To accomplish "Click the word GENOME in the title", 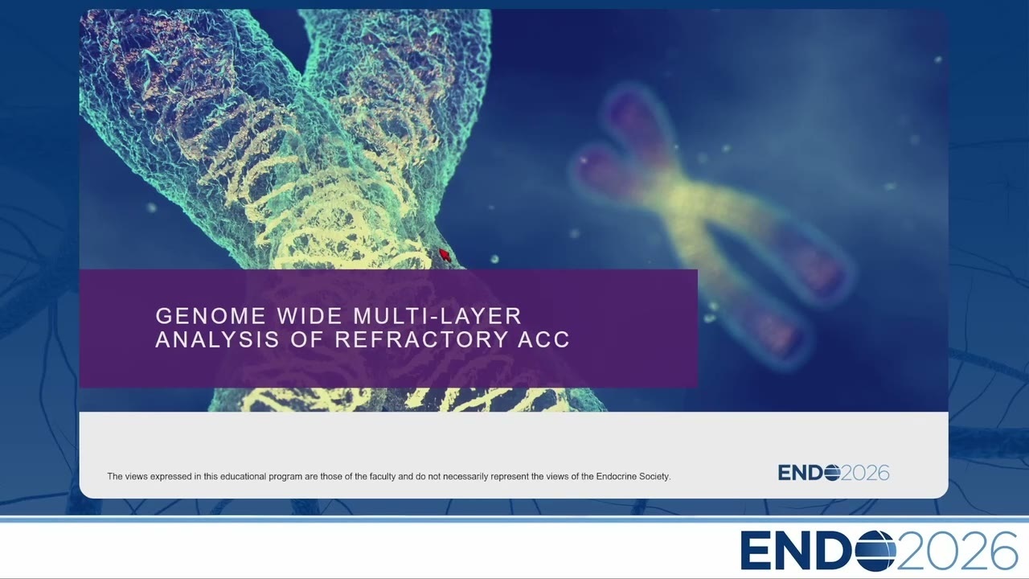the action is click(x=211, y=316).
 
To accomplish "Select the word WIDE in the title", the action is click(x=310, y=316).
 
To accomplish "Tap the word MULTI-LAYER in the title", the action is click(x=438, y=316).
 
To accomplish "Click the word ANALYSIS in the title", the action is click(x=217, y=339).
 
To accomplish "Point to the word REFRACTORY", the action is click(x=420, y=339).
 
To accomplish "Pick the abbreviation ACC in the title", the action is click(x=544, y=339).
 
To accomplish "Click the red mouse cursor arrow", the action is click(x=445, y=255).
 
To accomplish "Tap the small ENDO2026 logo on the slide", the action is click(x=834, y=473).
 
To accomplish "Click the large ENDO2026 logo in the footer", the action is click(x=879, y=551).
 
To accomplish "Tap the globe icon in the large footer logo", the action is click(x=875, y=551).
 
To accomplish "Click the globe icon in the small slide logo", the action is click(x=832, y=473).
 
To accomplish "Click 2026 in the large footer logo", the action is click(x=957, y=551).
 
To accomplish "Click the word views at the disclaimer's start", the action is click(x=136, y=477).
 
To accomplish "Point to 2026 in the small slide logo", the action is click(x=866, y=473).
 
